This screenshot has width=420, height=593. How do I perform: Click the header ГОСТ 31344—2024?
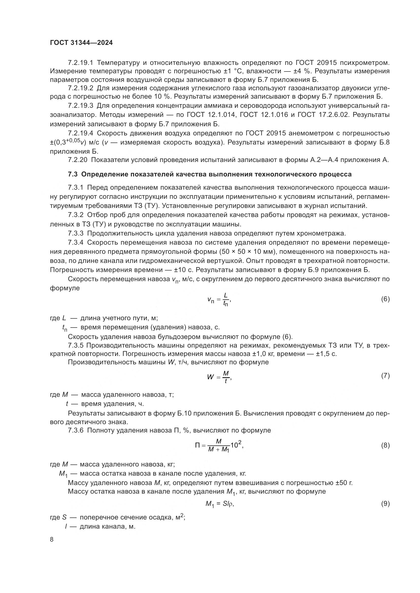pos(81,43)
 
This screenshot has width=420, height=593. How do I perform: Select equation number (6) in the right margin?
pos(385,299)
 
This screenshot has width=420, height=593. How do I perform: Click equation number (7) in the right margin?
pos(385,376)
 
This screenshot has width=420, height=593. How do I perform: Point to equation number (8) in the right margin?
pos(385,445)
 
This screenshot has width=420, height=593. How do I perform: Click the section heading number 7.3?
pos(73,174)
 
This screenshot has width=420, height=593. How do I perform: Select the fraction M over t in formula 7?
pos(226,376)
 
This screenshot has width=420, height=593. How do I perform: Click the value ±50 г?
pos(344,483)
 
